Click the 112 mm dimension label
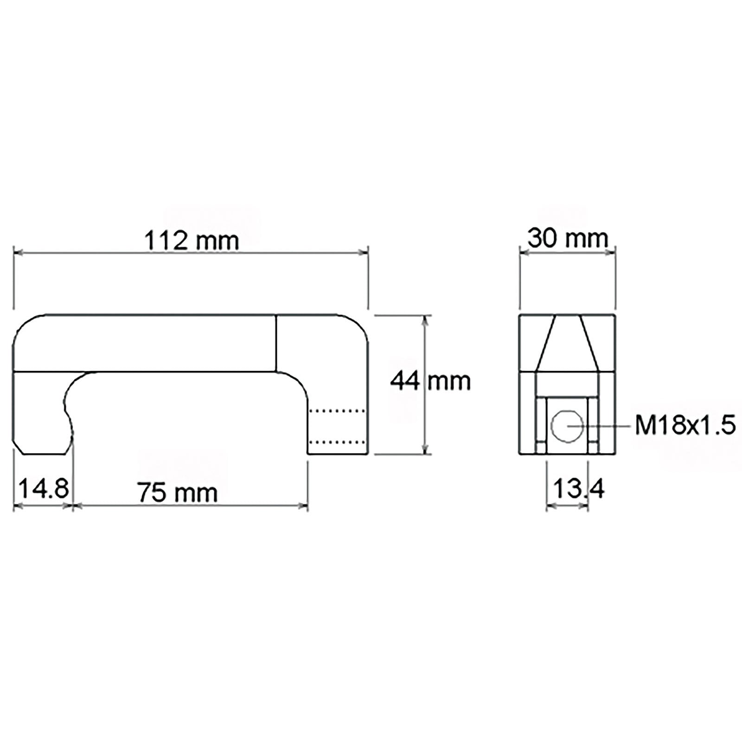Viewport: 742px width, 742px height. [192, 241]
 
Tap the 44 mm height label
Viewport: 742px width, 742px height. [430, 381]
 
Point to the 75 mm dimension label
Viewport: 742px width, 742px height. [178, 492]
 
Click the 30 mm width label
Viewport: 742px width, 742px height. [568, 239]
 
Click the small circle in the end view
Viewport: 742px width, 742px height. [568, 426]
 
